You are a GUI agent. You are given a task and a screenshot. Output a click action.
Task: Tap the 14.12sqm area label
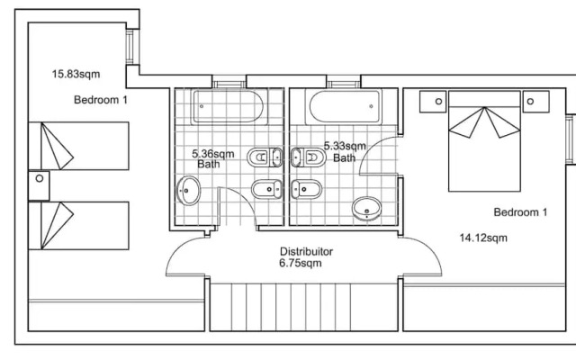pyautogui.click(x=483, y=238)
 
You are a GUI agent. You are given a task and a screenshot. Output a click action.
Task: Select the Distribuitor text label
pyautogui.click(x=307, y=251)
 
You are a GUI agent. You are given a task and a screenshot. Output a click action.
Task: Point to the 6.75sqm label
pyautogui.click(x=301, y=264)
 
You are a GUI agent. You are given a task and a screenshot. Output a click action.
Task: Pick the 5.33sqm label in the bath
pyautogui.click(x=344, y=146)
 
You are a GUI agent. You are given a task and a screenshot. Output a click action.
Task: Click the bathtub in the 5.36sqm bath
pyautogui.click(x=229, y=108)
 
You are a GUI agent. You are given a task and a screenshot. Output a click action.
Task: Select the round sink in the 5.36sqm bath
pyautogui.click(x=189, y=190)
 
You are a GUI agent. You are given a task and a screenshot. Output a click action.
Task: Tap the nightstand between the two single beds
pyautogui.click(x=39, y=185)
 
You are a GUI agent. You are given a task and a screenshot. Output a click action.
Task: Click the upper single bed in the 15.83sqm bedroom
pyautogui.click(x=81, y=147)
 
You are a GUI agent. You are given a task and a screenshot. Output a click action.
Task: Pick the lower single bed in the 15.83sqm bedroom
pyautogui.click(x=81, y=225)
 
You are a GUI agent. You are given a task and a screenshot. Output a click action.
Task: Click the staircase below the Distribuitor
pyautogui.click(x=303, y=307)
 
